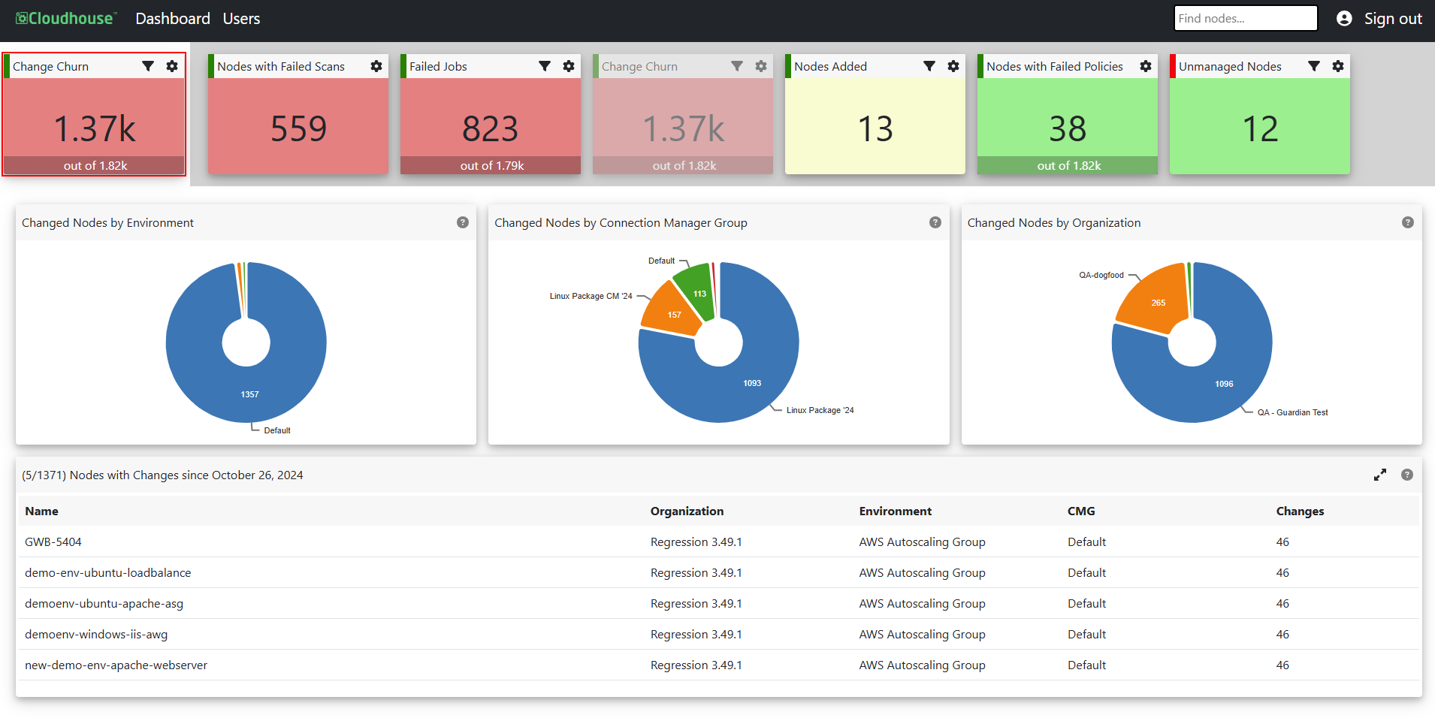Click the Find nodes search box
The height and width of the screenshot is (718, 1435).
(x=1246, y=18)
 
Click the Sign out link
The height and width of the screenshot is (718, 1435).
(x=1393, y=19)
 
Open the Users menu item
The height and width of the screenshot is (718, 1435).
(x=241, y=19)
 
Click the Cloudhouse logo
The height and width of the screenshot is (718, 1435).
(x=66, y=19)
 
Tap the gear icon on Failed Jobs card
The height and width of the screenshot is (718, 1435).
(x=569, y=66)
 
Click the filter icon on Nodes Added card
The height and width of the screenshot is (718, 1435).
(x=929, y=66)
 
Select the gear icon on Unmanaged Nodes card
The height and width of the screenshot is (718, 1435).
(x=1338, y=66)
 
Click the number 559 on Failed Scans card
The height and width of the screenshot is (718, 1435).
(x=298, y=128)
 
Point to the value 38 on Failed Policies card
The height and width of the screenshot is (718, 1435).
(x=1068, y=128)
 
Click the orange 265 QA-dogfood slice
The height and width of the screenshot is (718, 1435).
(x=1153, y=300)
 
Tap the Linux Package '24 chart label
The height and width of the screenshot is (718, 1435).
(x=820, y=410)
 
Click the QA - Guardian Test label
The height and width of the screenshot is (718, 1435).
(x=1292, y=412)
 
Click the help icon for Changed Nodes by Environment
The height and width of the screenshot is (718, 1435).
(x=463, y=222)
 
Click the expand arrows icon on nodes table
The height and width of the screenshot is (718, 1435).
(x=1380, y=475)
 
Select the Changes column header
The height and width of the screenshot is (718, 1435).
(x=1300, y=511)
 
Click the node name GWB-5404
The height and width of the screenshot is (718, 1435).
(x=53, y=542)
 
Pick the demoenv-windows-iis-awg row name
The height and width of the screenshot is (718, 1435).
(x=96, y=634)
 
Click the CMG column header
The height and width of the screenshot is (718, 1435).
(x=1081, y=511)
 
